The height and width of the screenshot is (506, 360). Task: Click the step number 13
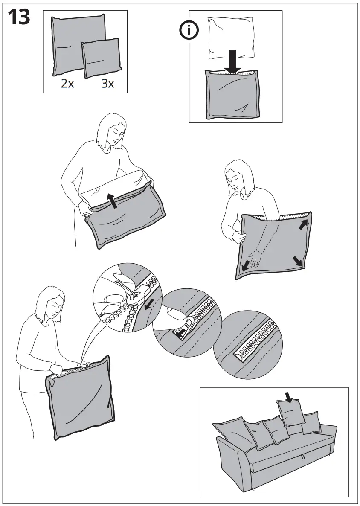(x=18, y=17)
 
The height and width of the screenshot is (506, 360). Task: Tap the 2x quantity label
(x=67, y=84)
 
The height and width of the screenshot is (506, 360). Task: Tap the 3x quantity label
(x=107, y=84)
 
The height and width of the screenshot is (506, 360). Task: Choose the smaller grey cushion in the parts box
(x=102, y=58)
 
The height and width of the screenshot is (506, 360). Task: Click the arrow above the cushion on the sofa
(x=289, y=397)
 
